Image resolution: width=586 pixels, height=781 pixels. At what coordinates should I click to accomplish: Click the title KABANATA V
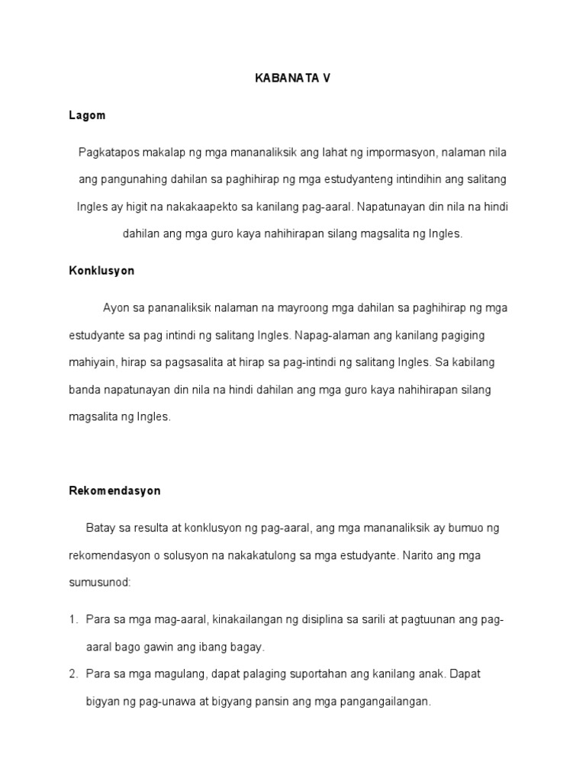point(293,79)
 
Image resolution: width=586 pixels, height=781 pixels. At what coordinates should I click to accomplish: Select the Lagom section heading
point(87,116)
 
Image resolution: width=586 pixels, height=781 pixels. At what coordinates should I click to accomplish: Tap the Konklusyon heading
point(101,271)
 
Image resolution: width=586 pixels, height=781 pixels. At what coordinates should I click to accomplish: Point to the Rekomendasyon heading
point(114,490)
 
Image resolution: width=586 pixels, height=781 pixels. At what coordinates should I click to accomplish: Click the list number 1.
point(72,619)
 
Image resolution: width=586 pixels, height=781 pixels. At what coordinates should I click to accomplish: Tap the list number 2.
point(72,674)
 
